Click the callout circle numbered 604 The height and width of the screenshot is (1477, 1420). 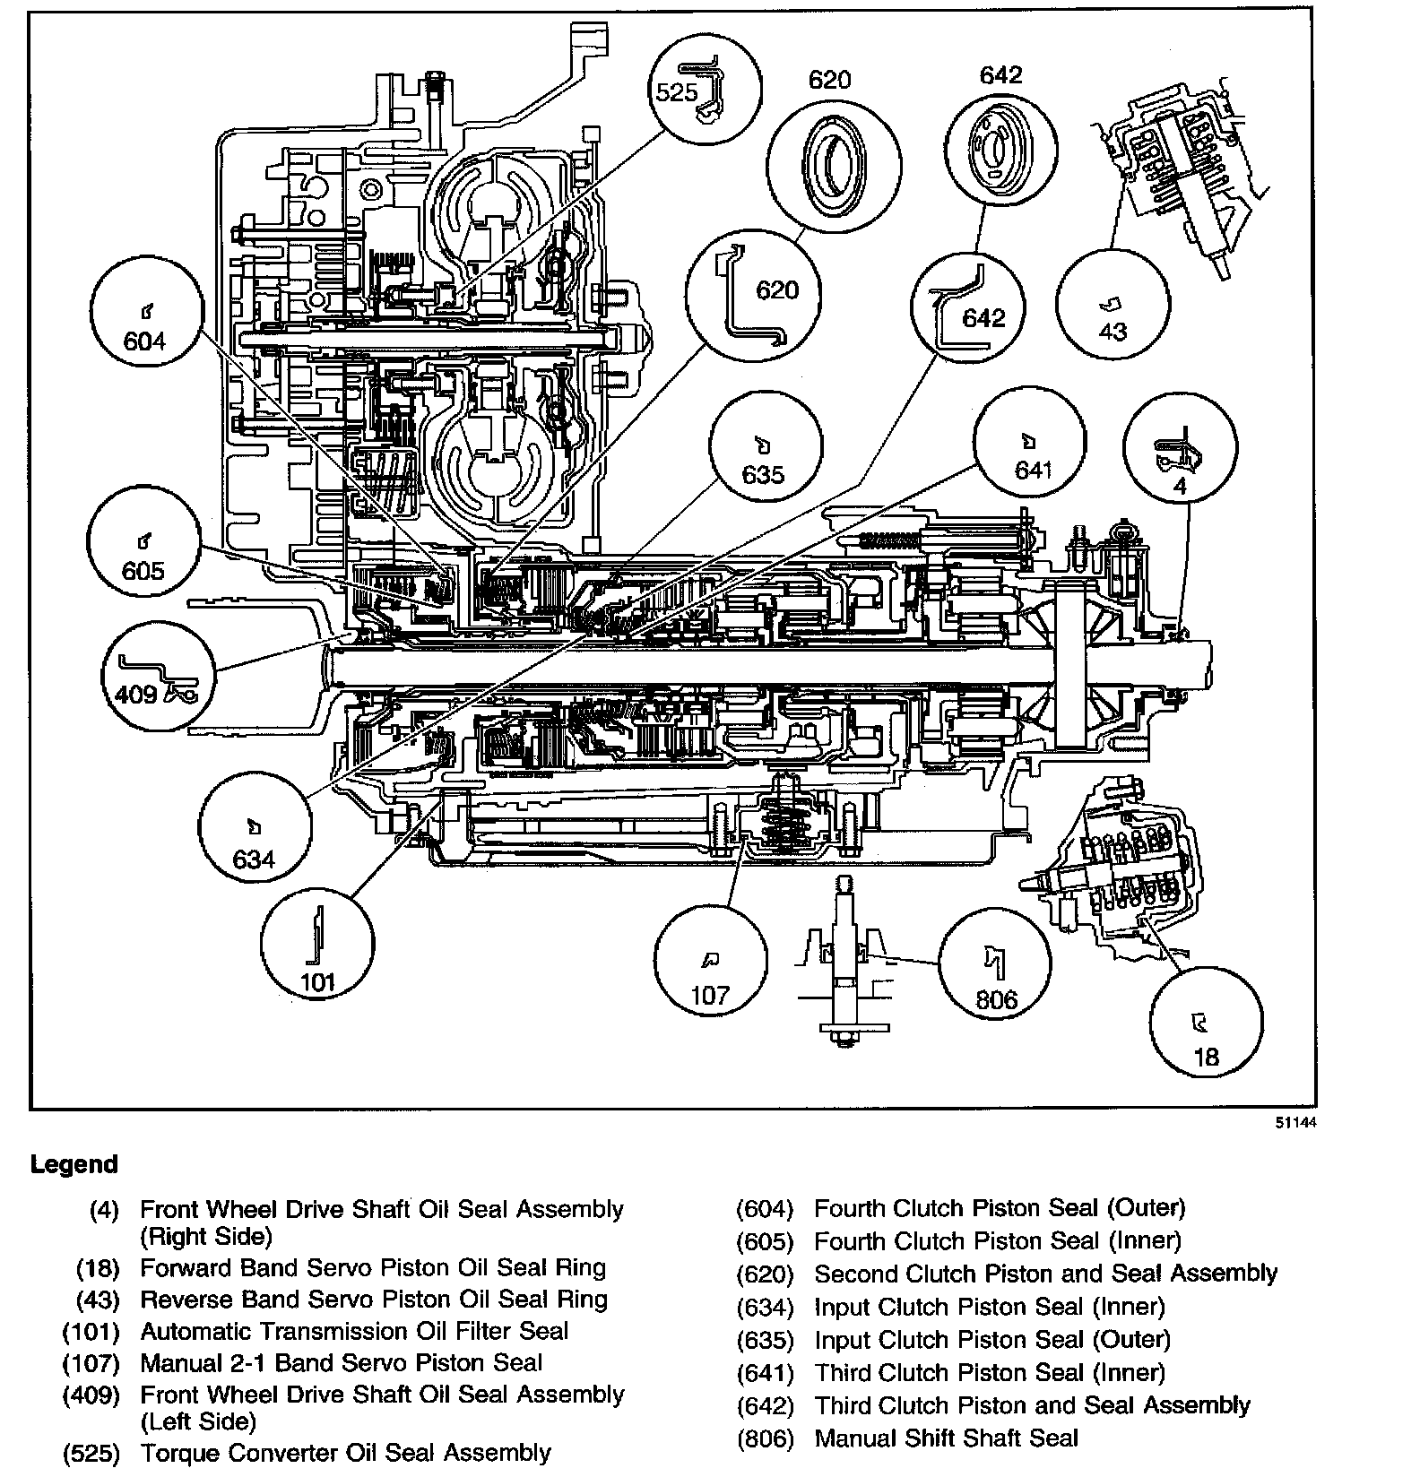pos(147,324)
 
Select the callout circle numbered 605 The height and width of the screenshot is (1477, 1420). pos(143,545)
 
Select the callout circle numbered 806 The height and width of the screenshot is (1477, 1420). pos(995,963)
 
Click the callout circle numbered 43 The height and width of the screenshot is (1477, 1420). pos(1113,307)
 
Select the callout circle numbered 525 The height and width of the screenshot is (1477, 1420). pos(705,88)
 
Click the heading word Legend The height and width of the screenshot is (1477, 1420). pos(74,1165)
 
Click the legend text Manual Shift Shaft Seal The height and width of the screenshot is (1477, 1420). pos(946,1438)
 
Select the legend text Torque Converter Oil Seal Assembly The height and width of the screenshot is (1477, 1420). pos(345,1452)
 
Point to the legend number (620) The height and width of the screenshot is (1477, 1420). pos(765,1274)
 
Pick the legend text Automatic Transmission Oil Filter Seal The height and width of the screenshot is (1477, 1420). pos(354,1331)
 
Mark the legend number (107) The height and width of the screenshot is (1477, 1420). pos(91,1364)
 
